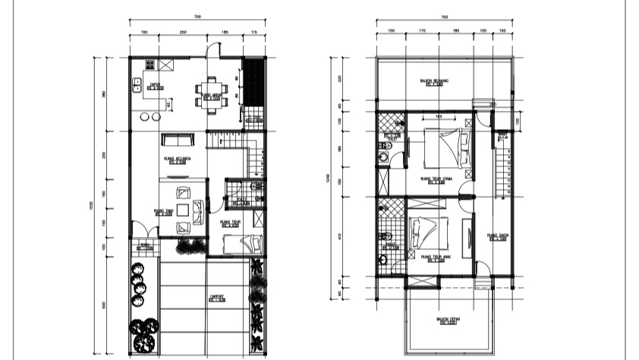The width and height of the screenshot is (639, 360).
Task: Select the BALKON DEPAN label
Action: pos(444,320)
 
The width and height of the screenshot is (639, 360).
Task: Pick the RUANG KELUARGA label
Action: pos(176,159)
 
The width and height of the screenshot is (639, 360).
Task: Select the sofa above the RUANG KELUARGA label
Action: pos(176,140)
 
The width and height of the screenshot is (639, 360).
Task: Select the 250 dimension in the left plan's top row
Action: pos(183,32)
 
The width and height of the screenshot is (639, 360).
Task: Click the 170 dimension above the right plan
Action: pos(420,31)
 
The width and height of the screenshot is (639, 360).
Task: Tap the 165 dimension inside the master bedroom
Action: pos(439,117)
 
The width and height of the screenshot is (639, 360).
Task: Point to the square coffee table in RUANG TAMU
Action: pos(183,209)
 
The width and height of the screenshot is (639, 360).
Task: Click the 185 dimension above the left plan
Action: pos(225,32)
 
